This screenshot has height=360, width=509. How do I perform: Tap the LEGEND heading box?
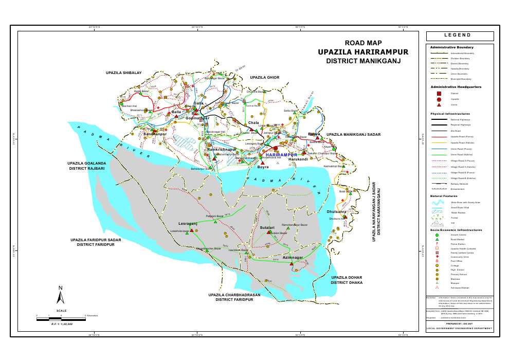pos(459,35)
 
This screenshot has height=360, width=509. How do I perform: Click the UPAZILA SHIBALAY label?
pos(123,73)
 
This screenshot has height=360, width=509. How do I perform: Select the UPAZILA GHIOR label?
pos(264,77)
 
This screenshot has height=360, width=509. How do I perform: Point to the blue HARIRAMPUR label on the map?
pos(282,154)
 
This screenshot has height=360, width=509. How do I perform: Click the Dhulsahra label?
pos(336,211)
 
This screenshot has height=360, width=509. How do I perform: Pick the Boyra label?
pos(263,167)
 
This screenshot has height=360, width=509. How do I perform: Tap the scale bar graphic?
pos(60,319)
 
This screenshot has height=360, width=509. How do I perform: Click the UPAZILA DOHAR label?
pos(347,278)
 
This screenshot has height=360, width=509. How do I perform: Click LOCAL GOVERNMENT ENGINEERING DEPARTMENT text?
pos(459,328)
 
